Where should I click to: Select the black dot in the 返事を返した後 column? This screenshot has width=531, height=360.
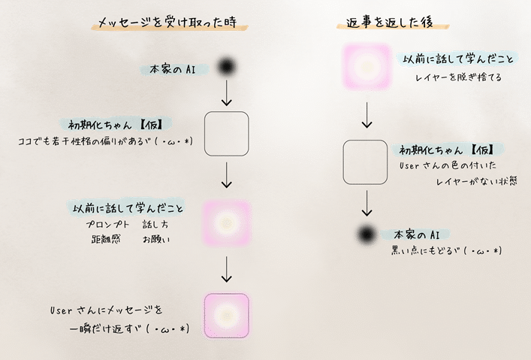click(366, 234)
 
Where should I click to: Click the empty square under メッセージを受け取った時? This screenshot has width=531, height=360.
click(226, 135)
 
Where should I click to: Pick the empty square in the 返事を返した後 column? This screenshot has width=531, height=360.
click(366, 162)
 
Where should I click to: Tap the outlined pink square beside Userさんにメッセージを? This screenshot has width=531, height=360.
click(226, 314)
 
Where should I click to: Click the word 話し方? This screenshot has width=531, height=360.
click(156, 225)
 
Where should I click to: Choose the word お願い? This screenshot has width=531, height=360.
click(156, 240)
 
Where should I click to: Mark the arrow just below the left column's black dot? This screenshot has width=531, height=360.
click(226, 95)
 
